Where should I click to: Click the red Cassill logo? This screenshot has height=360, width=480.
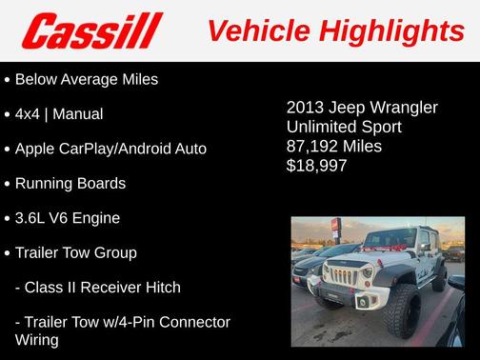click(92, 31)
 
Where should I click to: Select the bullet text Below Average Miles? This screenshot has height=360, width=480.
click(87, 79)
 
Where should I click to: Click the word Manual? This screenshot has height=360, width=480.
click(78, 114)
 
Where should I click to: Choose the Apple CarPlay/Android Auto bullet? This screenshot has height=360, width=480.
click(110, 149)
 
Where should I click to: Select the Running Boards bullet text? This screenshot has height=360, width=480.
click(70, 183)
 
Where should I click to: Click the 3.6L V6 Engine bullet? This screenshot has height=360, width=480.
click(68, 218)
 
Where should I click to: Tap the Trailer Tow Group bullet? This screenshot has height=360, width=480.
click(76, 252)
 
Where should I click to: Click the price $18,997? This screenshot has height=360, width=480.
click(317, 166)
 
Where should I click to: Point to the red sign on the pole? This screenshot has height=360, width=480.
click(334, 226)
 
